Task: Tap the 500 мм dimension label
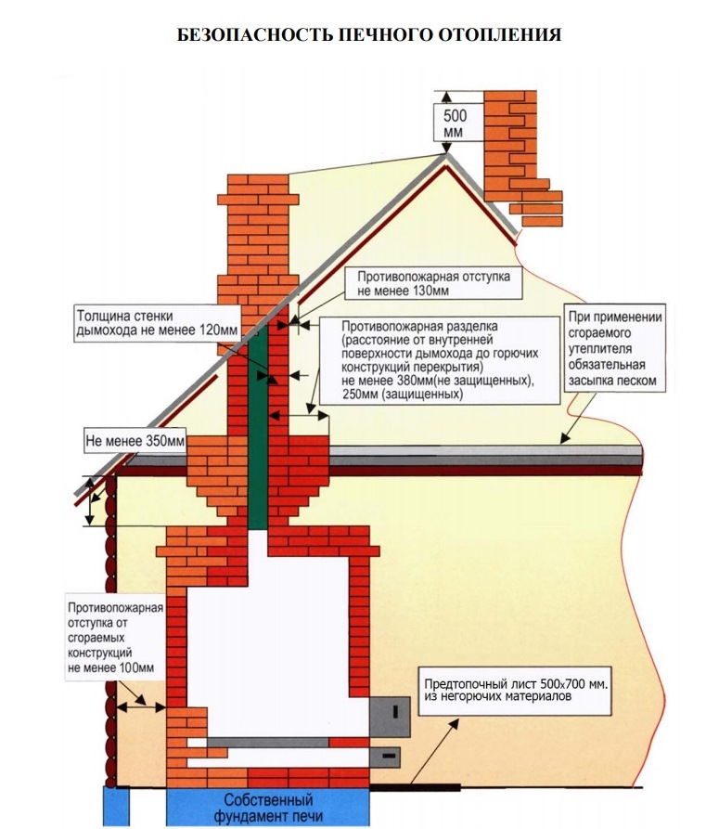pyautogui.click(x=455, y=124)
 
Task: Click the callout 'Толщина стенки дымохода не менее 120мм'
pyautogui.click(x=155, y=324)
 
